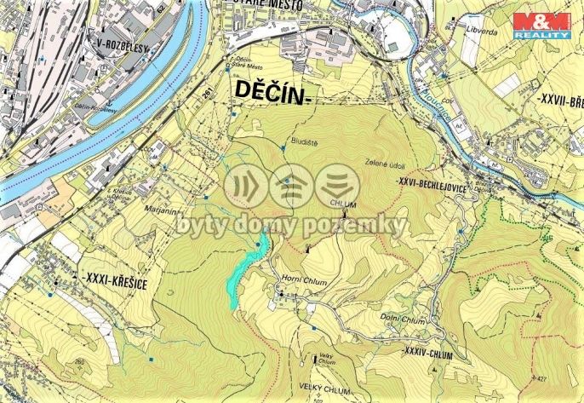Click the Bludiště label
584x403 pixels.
point(301,143)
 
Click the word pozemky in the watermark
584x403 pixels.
point(364,225)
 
